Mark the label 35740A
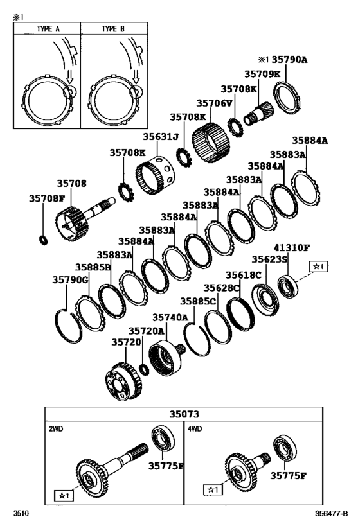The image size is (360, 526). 170,317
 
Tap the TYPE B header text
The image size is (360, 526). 116,29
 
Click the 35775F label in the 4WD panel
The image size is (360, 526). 287,476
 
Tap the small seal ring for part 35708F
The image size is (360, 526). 44,241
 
